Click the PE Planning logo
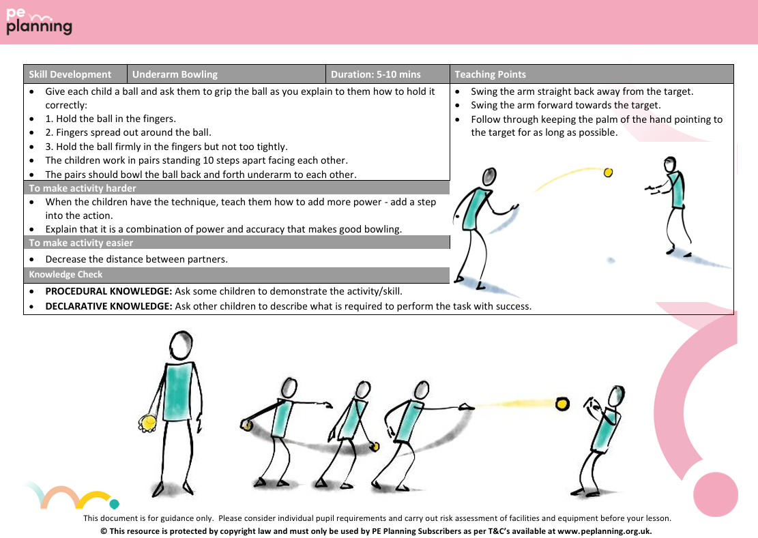click(x=39, y=21)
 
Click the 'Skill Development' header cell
click(x=70, y=74)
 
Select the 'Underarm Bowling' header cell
click(x=175, y=74)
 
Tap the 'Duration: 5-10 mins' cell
click(x=375, y=74)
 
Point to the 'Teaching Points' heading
click(x=490, y=74)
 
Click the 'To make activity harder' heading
click(x=83, y=188)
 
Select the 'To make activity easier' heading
click(x=81, y=243)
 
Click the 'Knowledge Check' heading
click(x=65, y=275)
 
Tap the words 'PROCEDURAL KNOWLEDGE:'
click(x=108, y=291)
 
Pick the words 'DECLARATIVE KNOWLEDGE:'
click(x=108, y=306)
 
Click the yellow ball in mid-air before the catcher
click(x=562, y=404)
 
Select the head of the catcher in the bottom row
click(x=616, y=395)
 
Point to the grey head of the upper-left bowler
click(x=489, y=177)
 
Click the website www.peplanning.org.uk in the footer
click(x=604, y=530)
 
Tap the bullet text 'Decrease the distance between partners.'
click(x=136, y=259)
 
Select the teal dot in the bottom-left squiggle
click(x=114, y=505)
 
